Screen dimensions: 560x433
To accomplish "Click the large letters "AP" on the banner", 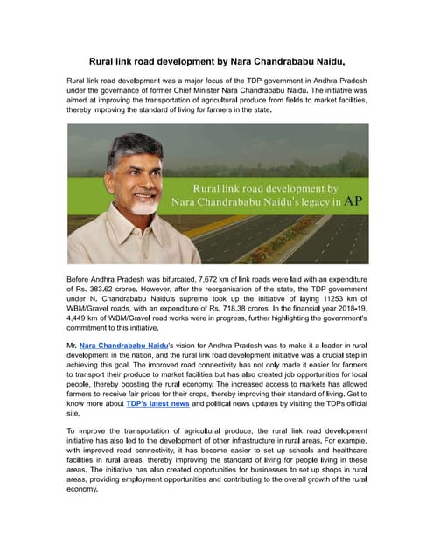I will click(x=353, y=200).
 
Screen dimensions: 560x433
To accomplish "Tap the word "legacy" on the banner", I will click(x=305, y=201).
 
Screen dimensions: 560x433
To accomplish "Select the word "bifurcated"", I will click(x=170, y=279).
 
